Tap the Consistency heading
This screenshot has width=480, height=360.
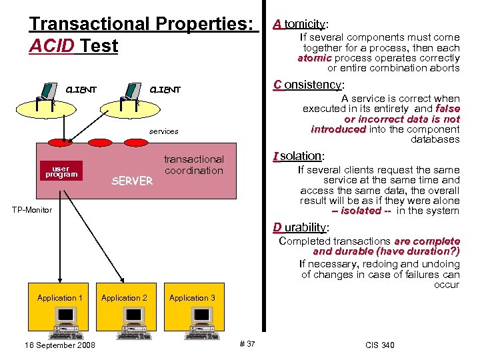pos(309,85)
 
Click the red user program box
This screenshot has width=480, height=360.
pos(61,171)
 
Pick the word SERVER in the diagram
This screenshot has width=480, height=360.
pos(132,181)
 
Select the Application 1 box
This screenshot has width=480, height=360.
pos(60,298)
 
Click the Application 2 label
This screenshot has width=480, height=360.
pos(124,298)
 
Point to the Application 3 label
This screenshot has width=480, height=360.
pos(192,298)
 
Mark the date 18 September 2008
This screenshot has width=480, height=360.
pos(59,345)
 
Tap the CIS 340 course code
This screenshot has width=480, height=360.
pos(380,345)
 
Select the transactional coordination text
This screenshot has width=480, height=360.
pos(194,165)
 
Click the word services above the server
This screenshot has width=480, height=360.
pos(163,131)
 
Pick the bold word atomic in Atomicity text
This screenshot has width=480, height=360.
pos(315,58)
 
